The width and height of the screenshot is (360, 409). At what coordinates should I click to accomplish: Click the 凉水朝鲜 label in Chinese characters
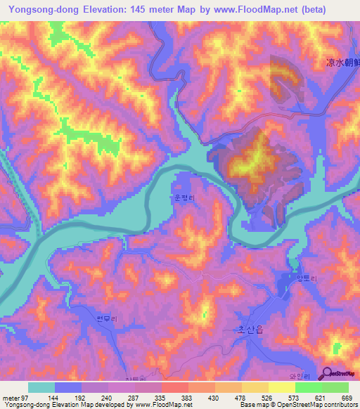tap(342, 63)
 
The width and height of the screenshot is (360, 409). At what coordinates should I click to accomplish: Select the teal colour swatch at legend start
tap(41, 387)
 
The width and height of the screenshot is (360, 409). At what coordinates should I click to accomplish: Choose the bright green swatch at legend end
tap(335, 387)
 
